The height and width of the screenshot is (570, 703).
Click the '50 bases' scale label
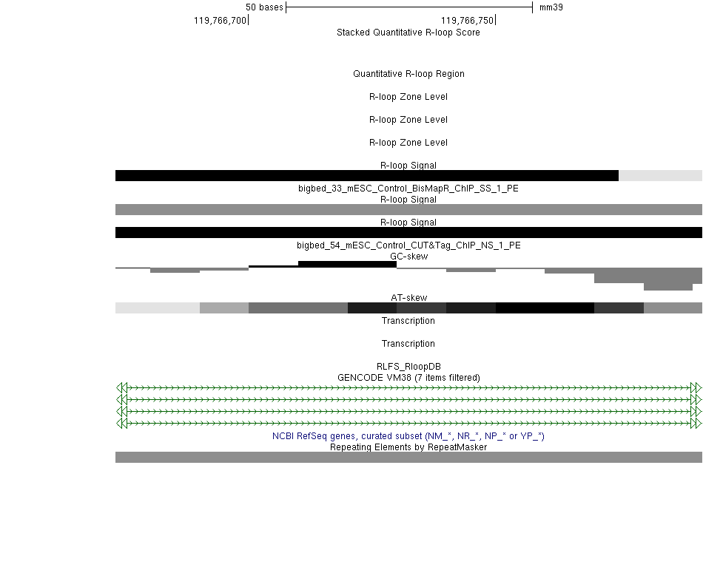tap(264, 7)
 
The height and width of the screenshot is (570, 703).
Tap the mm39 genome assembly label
tap(551, 7)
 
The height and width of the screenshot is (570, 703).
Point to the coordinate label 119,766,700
tap(220, 21)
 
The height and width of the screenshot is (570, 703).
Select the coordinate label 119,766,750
tap(467, 21)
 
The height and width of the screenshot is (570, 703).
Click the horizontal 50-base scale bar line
tap(409, 7)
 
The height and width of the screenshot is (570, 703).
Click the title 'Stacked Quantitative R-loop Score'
tap(408, 33)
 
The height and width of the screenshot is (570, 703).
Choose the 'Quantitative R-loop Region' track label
tap(408, 74)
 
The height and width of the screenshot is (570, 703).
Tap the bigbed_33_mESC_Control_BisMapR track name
tap(408, 188)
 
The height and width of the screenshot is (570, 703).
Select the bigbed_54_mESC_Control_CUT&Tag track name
tap(408, 245)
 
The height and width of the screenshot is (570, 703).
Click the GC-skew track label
tap(409, 256)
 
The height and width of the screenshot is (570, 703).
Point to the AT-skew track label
tap(409, 298)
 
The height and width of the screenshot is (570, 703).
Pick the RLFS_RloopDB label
tap(408, 367)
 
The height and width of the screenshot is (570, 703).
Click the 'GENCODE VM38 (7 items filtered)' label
tap(408, 378)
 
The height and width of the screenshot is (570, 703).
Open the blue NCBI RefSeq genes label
tap(408, 435)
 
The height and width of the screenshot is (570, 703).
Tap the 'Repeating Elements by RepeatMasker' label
tap(408, 447)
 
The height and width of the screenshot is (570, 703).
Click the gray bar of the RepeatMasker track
tap(408, 457)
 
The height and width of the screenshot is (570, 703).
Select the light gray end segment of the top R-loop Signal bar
tap(660, 175)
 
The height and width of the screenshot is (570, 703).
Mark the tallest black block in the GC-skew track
tap(348, 264)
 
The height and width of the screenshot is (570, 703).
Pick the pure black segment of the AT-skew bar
tap(545, 308)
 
